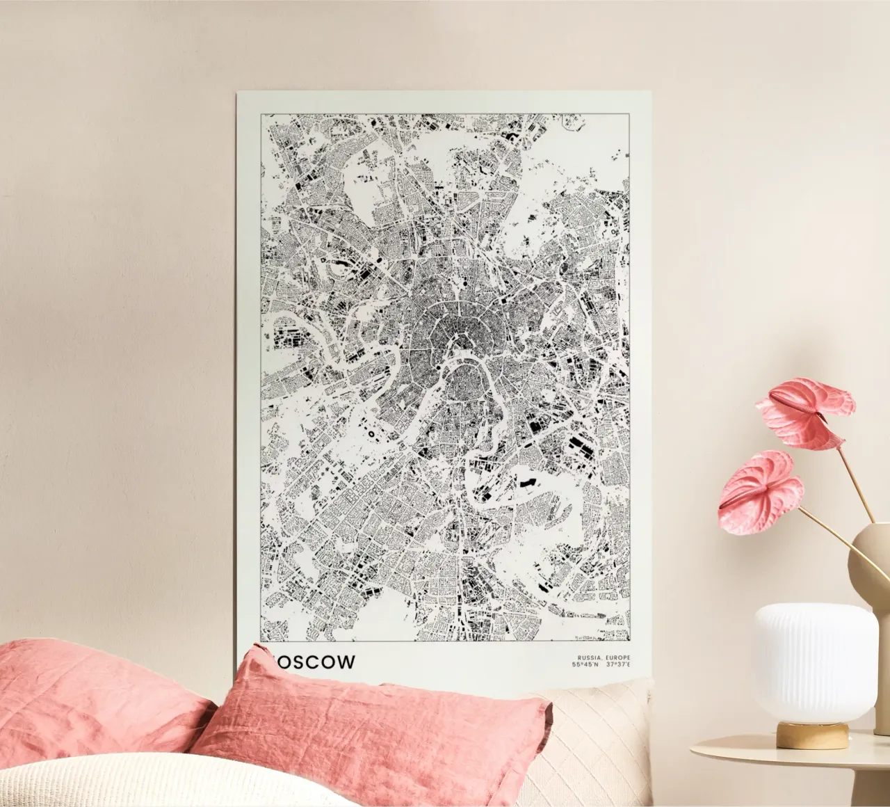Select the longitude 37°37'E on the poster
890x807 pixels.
tap(618, 666)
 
